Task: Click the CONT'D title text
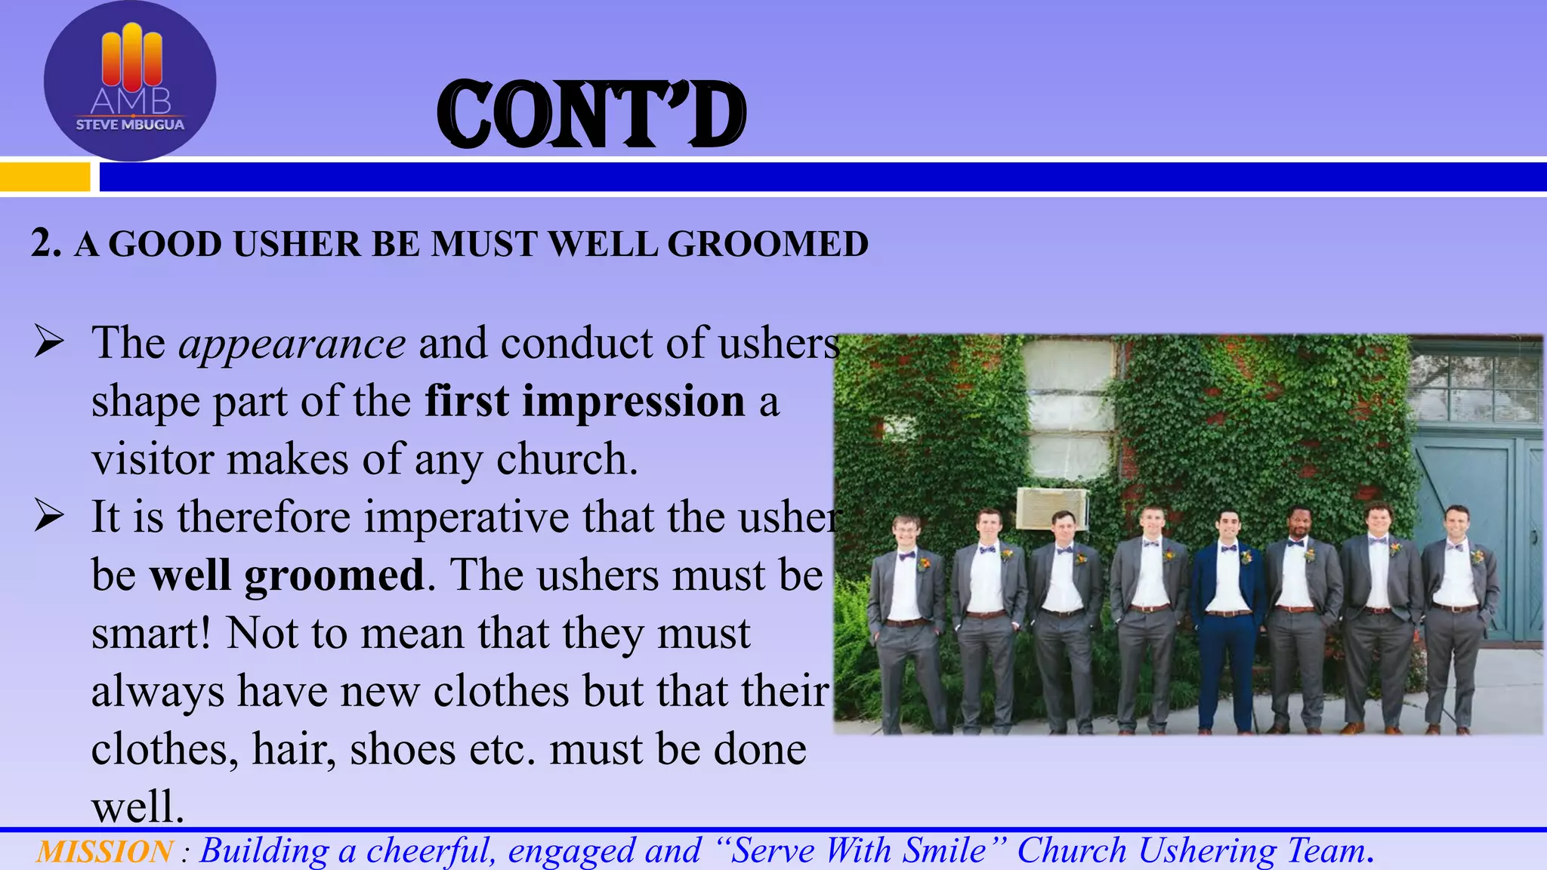[591, 115]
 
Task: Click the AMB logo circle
[130, 81]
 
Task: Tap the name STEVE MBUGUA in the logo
[130, 125]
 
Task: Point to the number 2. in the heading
[45, 244]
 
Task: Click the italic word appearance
[292, 344]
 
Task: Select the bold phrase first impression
[585, 401]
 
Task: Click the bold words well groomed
[287, 575]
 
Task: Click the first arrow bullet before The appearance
[49, 344]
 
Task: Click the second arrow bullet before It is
[49, 517]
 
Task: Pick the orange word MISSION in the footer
[104, 852]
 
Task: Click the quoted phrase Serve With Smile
[858, 851]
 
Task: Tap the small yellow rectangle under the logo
[44, 177]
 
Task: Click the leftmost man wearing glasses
[906, 619]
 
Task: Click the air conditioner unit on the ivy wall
[1051, 507]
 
